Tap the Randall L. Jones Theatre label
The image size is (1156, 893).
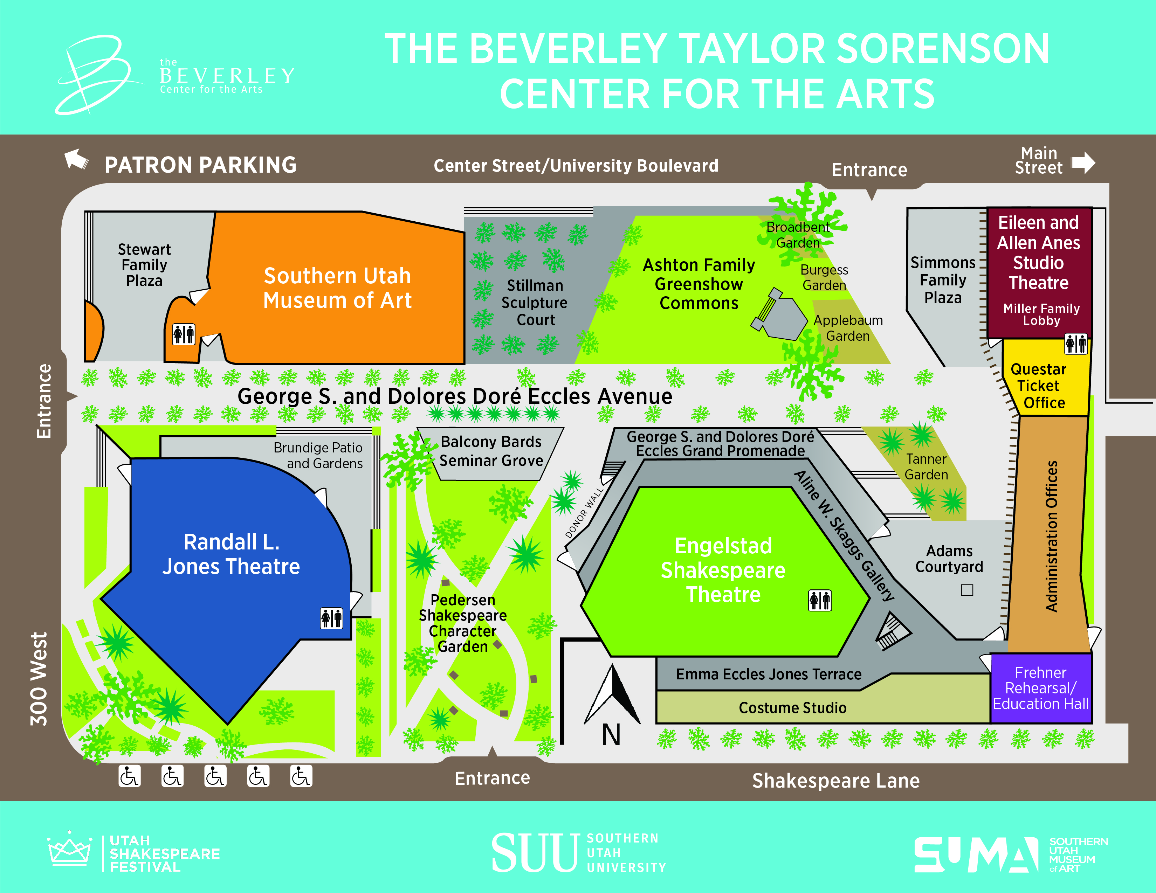tap(231, 554)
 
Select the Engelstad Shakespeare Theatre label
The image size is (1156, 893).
tap(723, 570)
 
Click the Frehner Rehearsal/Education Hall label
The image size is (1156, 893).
tap(1041, 688)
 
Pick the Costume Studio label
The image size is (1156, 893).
tap(792, 707)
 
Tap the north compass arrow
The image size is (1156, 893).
tap(612, 694)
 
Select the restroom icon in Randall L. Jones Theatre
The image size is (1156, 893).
tap(332, 618)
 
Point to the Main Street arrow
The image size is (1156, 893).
tap(1083, 162)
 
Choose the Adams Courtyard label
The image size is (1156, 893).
tap(949, 559)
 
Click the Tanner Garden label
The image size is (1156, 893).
tap(926, 466)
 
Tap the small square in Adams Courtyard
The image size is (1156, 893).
tap(967, 590)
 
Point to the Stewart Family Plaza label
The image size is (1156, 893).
tap(144, 264)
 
